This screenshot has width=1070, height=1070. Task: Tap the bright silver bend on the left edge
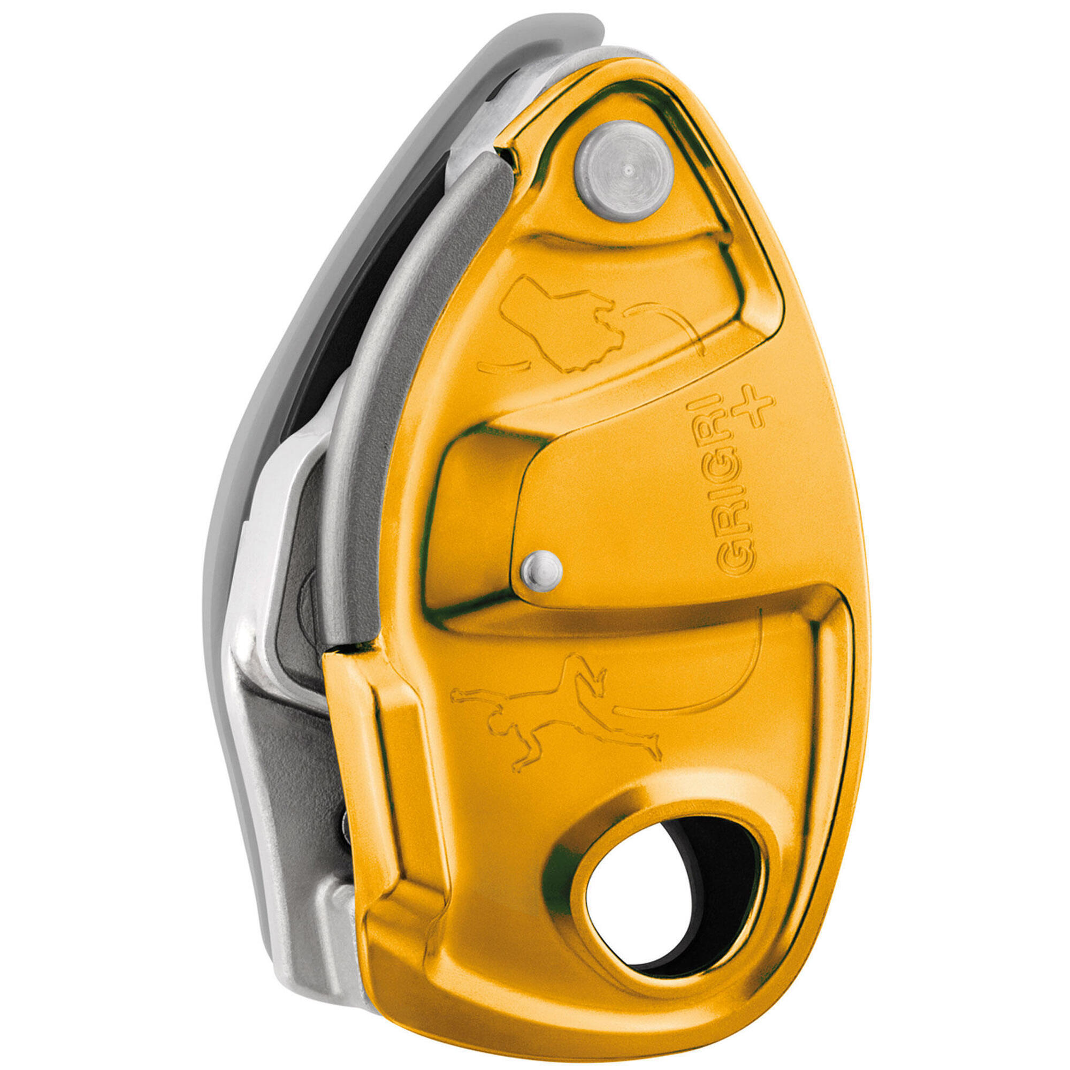coord(261,554)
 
